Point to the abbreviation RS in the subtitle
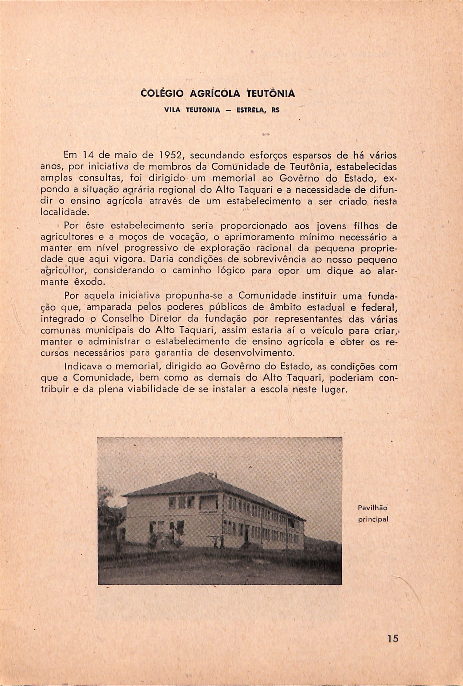click(x=275, y=110)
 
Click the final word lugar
click(x=334, y=390)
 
